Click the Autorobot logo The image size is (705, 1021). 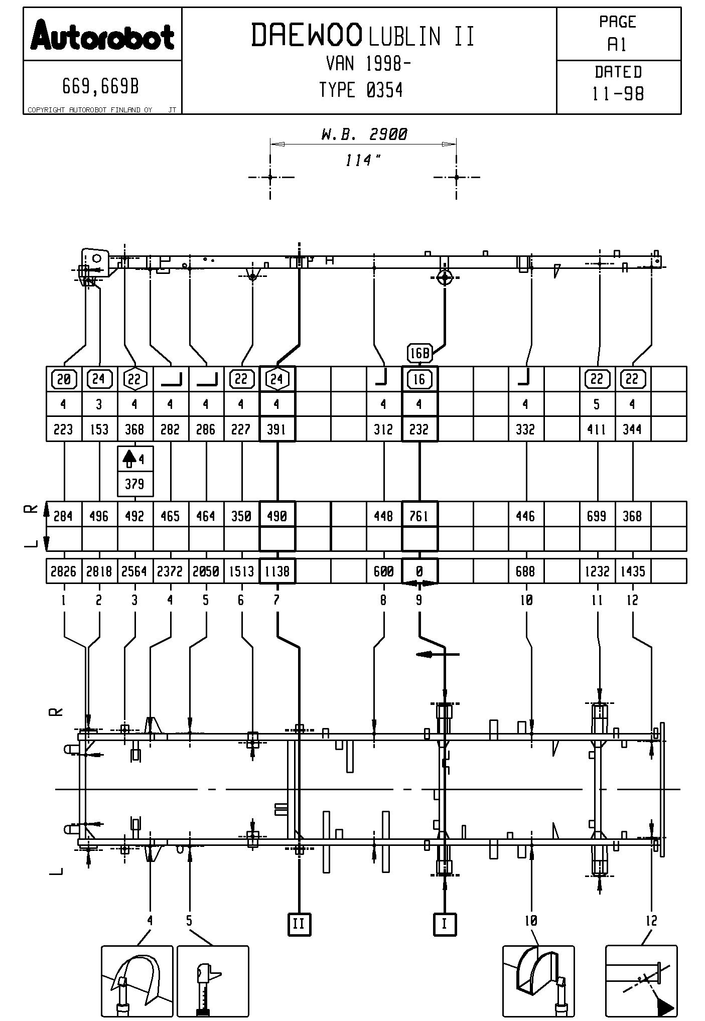coord(102,36)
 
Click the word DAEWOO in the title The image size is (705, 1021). coord(306,35)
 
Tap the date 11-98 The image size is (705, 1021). coord(618,94)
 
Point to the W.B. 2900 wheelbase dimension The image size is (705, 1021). coord(363,134)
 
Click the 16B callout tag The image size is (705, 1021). coord(419,353)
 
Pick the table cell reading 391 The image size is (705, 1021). coord(277,429)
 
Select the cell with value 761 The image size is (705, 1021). coord(419,516)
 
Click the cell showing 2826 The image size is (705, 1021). coord(64,571)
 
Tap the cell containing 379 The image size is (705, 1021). coord(134,484)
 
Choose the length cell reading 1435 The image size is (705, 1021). coord(632,571)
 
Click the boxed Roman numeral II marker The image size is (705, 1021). coord(299,924)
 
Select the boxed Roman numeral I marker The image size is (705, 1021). coord(444,924)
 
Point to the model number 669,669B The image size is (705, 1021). coord(101,87)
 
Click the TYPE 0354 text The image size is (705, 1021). coord(361,90)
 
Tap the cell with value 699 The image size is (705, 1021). coord(597,516)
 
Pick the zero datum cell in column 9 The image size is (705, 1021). coord(419,571)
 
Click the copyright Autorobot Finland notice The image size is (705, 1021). coord(90,110)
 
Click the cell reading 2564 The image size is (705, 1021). coord(134,571)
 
